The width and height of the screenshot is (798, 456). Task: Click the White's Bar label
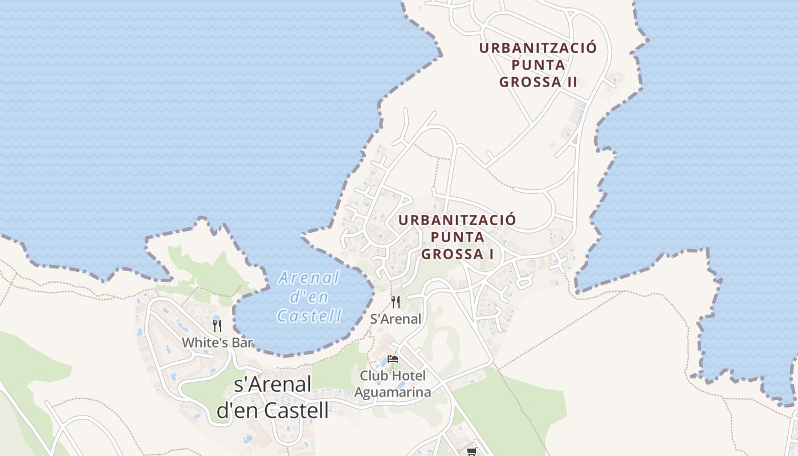tap(218, 343)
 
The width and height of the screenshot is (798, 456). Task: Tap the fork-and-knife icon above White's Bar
tap(217, 325)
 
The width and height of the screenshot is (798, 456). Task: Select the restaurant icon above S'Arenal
tap(396, 302)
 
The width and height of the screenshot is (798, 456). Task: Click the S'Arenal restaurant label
tap(396, 319)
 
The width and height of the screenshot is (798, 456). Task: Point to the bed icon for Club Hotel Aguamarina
tap(393, 359)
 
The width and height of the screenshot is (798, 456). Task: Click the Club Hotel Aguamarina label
tap(393, 384)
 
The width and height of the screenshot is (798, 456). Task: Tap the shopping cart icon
tap(471, 451)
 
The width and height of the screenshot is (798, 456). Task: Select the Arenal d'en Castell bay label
tap(309, 297)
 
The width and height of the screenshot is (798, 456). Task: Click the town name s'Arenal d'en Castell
tap(273, 397)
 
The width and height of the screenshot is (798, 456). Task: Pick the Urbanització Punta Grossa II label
tap(538, 64)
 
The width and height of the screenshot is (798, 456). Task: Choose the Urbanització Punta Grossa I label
tap(457, 237)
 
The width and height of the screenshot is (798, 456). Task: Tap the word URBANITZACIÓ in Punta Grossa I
tap(457, 220)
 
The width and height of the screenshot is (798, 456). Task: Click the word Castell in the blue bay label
tap(310, 316)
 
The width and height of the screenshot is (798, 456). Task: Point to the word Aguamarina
tap(393, 392)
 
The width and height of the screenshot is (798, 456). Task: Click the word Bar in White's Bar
tap(243, 343)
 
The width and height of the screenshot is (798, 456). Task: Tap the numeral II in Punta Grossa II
tap(571, 82)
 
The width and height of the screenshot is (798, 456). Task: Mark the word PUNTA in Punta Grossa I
tap(457, 237)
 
